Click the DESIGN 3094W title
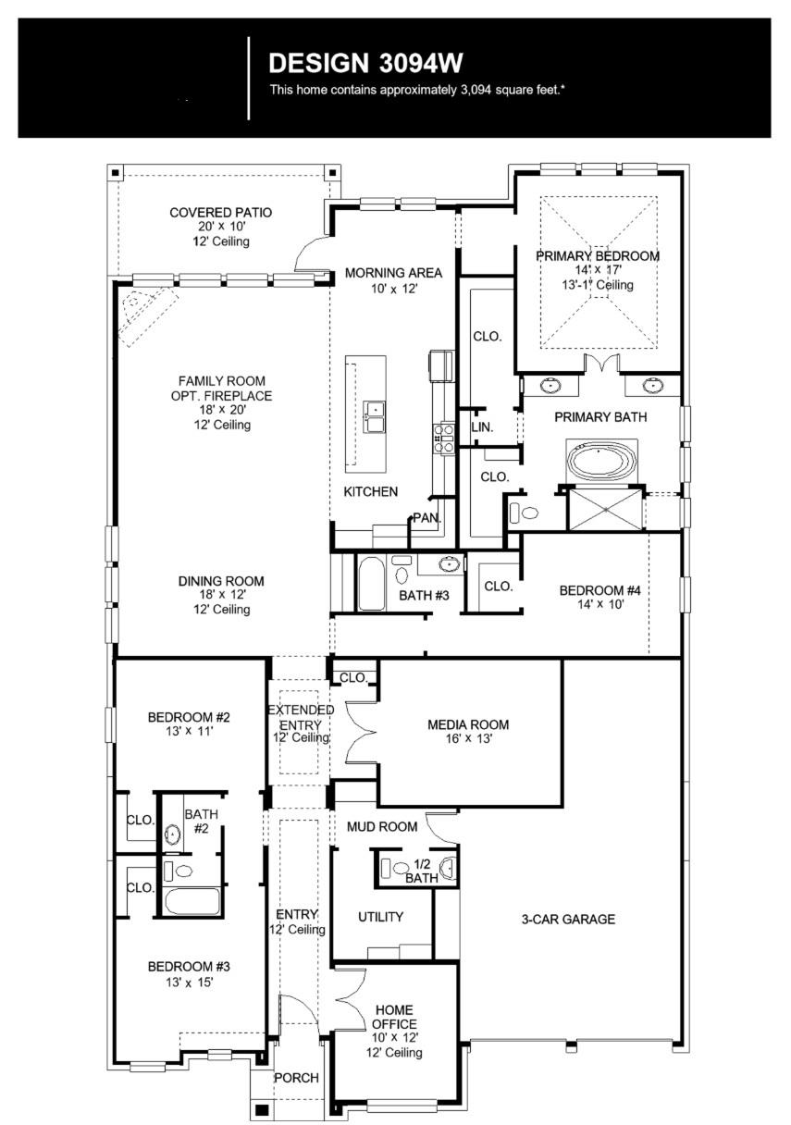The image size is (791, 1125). (365, 64)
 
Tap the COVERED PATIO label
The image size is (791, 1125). (221, 213)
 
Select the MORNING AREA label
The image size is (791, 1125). (393, 273)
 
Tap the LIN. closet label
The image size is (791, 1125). (481, 427)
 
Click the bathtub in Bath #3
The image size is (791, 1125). (371, 583)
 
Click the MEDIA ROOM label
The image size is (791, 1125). (468, 724)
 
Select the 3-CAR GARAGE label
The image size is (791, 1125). (567, 919)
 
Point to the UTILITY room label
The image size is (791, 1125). (380, 917)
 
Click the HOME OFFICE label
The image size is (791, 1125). (394, 1017)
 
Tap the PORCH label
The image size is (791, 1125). (296, 1078)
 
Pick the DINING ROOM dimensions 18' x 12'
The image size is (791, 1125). (221, 596)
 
